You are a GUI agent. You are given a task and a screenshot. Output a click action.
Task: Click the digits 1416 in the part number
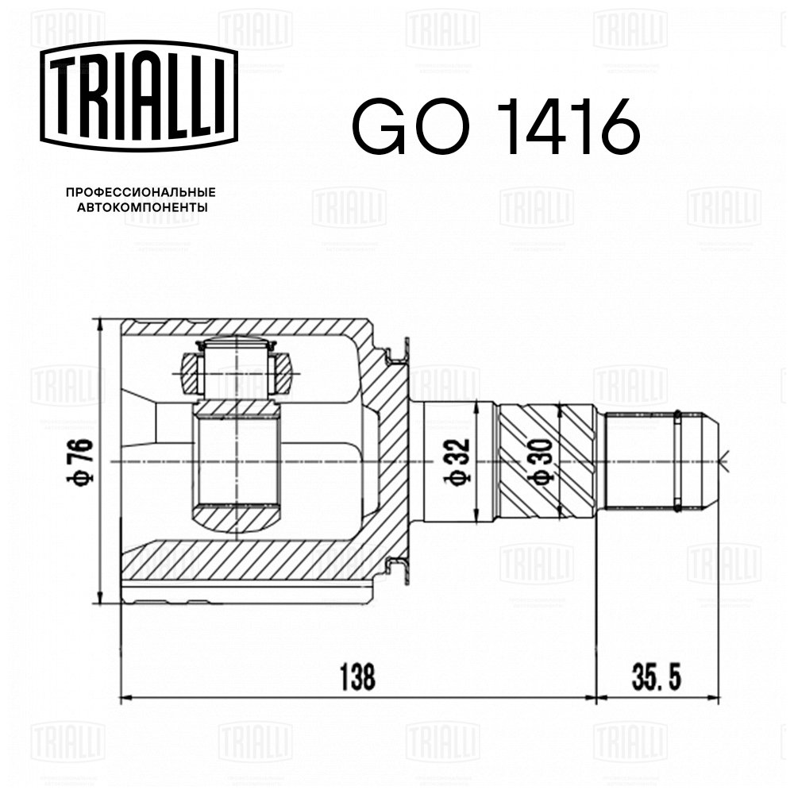tap(567, 126)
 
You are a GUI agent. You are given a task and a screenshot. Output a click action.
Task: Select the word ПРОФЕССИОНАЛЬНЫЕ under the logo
tap(141, 192)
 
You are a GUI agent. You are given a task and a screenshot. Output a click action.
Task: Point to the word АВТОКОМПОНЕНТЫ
tap(142, 207)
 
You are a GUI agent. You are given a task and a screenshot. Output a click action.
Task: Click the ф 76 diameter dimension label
tap(80, 461)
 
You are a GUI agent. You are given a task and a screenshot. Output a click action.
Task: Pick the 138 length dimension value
tap(357, 677)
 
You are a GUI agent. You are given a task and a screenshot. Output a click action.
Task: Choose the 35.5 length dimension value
tap(657, 677)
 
